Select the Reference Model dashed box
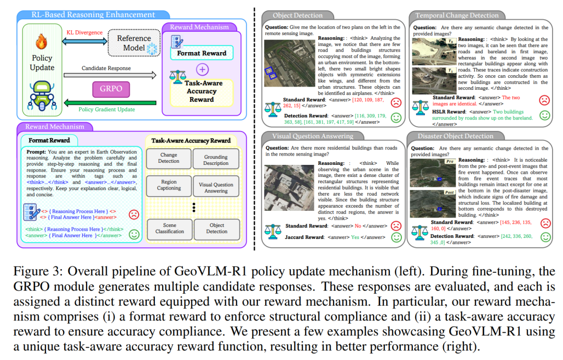click(133, 43)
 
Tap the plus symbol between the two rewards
click(201, 69)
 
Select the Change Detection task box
click(169, 158)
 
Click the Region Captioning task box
click(169, 185)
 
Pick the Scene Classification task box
click(169, 229)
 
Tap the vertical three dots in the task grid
click(193, 207)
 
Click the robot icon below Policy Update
click(42, 93)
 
